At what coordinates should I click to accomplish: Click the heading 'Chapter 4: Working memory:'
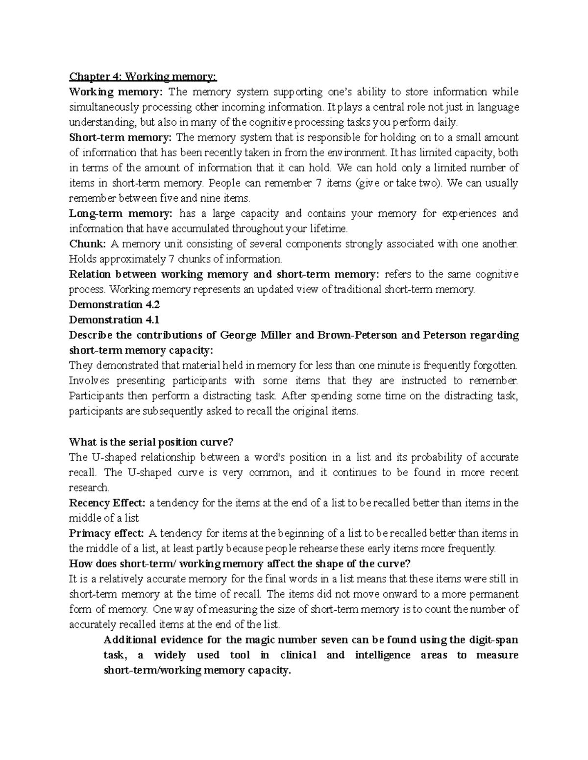(142, 77)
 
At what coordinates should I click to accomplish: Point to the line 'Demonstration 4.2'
(115, 304)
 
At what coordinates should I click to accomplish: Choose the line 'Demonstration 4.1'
(115, 320)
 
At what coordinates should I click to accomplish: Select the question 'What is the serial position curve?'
(151, 442)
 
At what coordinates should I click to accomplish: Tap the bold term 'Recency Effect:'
(107, 503)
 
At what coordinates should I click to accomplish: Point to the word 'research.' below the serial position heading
(90, 487)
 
